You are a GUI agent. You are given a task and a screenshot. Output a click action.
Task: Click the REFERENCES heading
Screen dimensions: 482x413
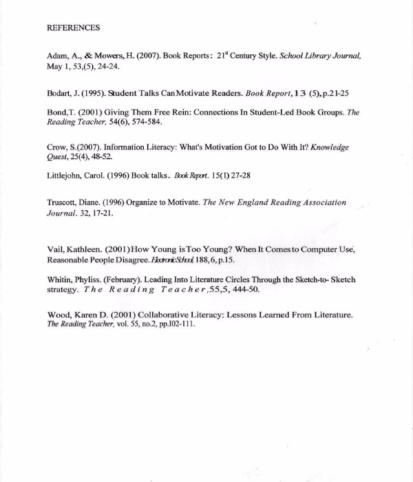tap(73, 28)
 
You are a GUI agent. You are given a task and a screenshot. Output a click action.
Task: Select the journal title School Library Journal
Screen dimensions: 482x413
tap(320, 56)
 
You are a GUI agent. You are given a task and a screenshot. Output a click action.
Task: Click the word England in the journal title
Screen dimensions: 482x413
tap(239, 203)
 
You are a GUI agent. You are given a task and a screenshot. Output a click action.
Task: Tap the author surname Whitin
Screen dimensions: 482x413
tap(61, 280)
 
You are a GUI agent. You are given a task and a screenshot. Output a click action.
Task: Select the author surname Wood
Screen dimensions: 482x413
tap(58, 315)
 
